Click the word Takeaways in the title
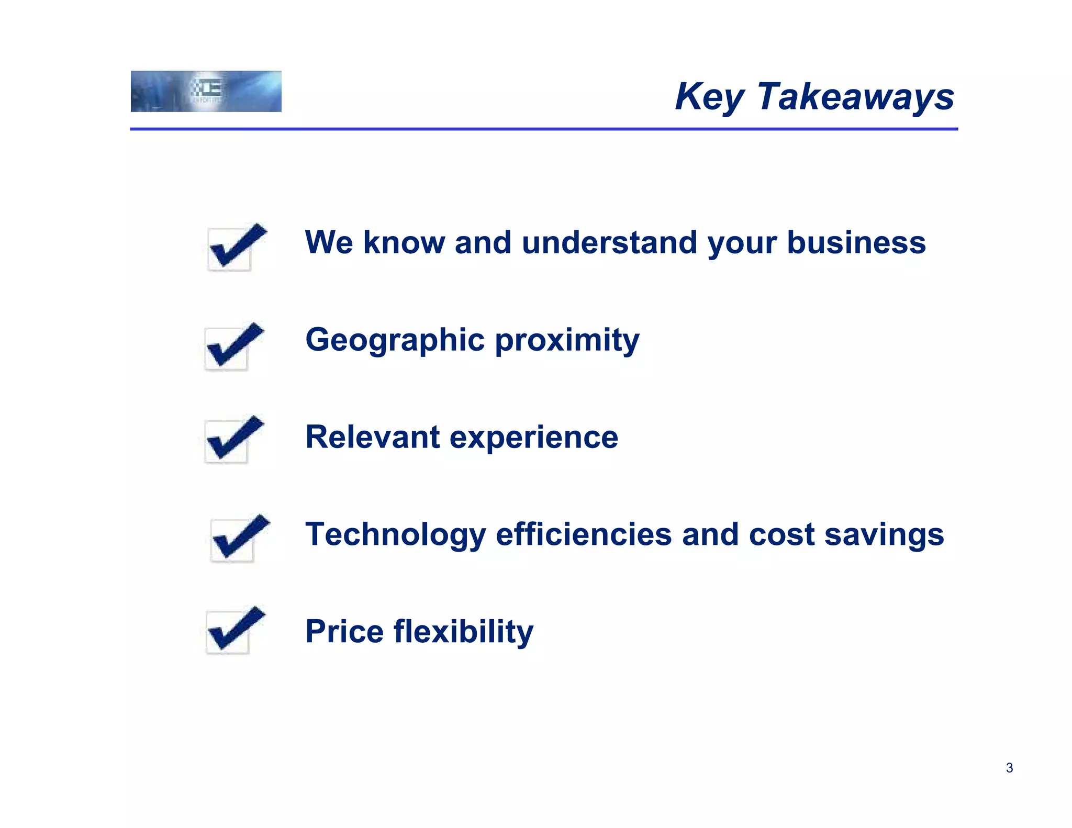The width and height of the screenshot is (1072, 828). [855, 97]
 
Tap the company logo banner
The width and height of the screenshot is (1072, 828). [206, 92]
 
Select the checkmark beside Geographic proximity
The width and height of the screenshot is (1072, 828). [233, 346]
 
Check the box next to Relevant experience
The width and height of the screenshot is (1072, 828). [233, 439]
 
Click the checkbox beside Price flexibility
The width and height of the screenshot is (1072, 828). [234, 630]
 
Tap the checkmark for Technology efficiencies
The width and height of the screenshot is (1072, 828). [239, 538]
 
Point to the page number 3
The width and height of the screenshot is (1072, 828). [1009, 768]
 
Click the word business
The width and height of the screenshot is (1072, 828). [856, 243]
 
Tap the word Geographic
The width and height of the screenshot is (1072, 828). [395, 341]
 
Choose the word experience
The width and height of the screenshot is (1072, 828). [534, 438]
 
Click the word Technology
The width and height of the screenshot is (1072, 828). [396, 535]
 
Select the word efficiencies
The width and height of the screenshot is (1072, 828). [583, 534]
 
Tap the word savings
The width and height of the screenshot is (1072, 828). [884, 535]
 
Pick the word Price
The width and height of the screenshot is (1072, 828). [344, 631]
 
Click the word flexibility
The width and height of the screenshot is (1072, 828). [463, 632]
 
